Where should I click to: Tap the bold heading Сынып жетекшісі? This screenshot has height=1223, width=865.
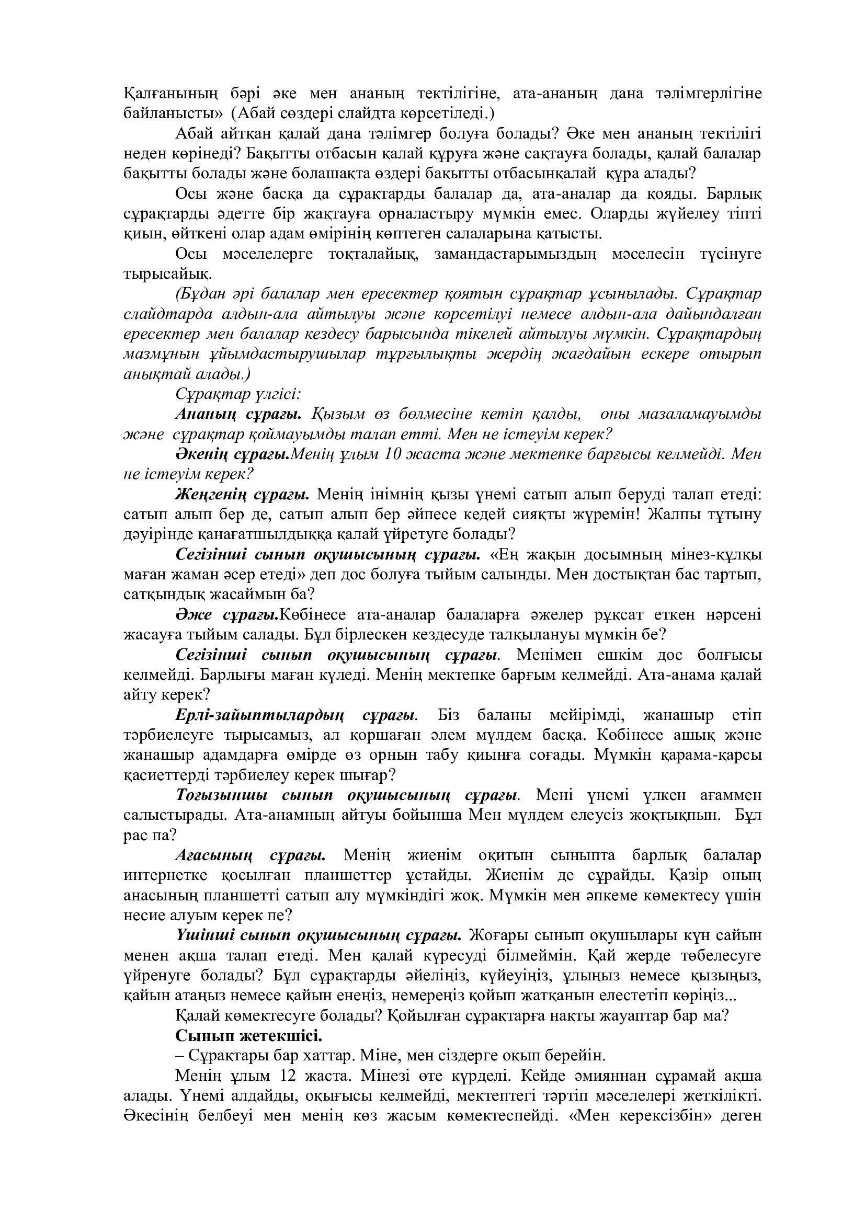(249, 1036)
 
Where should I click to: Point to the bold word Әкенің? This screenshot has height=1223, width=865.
(197, 454)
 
